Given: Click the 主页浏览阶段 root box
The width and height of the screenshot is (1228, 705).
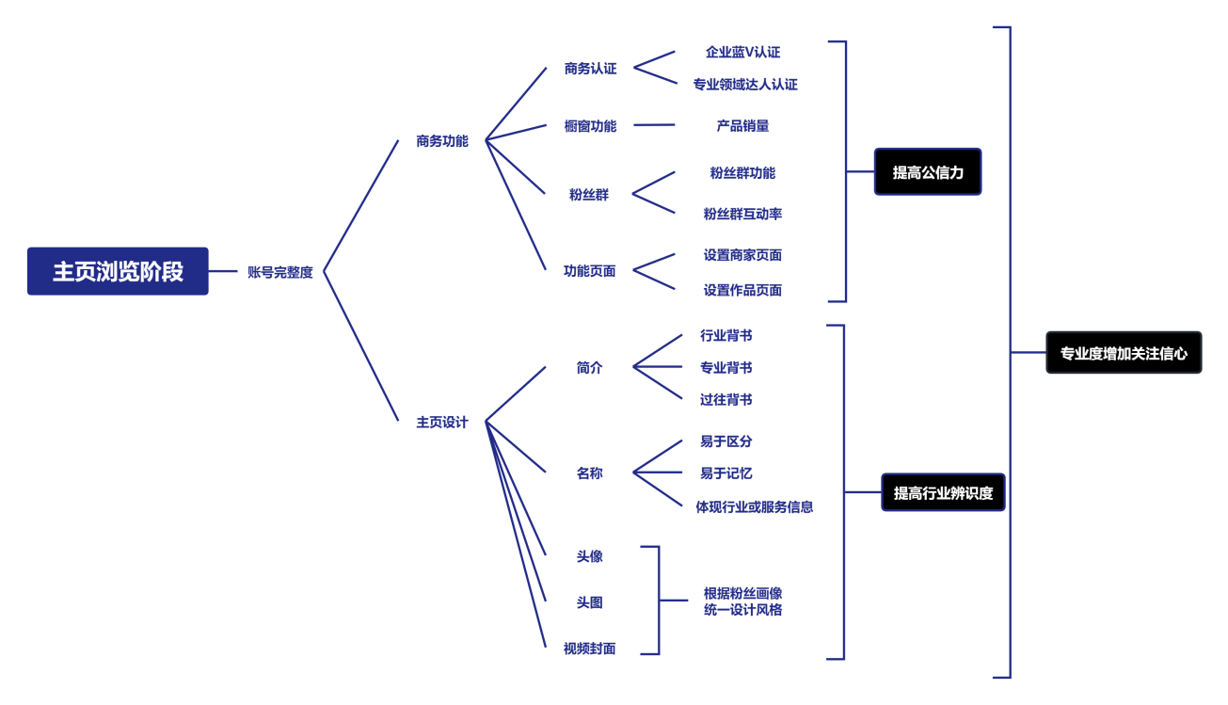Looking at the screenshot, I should (118, 271).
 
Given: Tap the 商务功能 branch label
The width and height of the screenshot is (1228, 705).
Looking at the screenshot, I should (441, 142).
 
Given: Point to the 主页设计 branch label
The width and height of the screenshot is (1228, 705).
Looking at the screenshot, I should (442, 423).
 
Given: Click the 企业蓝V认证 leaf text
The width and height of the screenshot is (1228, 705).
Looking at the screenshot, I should (742, 52).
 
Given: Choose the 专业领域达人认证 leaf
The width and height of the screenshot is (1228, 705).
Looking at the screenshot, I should (745, 84).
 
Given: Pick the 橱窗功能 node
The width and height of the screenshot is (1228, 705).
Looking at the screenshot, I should (590, 125).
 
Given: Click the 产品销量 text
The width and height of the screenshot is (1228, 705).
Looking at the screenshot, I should (742, 125).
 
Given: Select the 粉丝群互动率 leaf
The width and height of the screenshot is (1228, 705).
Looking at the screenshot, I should (742, 214).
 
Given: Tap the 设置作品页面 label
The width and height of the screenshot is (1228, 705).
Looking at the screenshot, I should (742, 290).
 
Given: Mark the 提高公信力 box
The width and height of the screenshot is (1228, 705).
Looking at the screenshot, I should (928, 171).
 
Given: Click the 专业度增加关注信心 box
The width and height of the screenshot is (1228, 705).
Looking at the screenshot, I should (1124, 354).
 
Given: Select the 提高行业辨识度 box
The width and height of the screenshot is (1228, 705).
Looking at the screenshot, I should (943, 492).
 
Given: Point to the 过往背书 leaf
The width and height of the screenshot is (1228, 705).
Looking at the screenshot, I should (726, 400).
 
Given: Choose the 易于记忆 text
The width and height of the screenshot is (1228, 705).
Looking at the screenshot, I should (726, 473).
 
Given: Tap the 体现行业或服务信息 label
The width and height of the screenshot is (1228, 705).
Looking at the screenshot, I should (754, 506).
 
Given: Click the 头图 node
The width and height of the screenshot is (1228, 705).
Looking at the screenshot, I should (590, 602).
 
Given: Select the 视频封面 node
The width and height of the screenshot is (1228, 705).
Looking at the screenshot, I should (590, 649).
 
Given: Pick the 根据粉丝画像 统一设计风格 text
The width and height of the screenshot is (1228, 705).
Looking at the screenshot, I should (742, 601).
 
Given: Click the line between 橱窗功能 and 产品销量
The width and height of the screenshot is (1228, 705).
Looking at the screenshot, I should (654, 125).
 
